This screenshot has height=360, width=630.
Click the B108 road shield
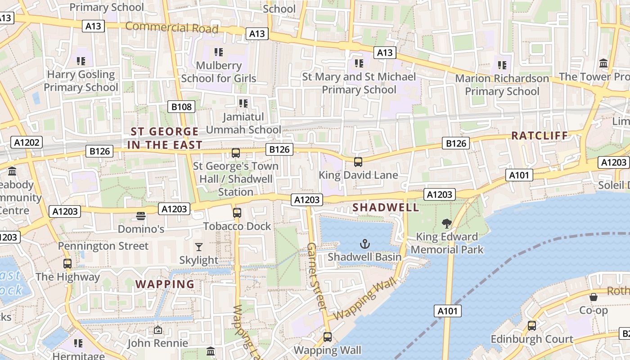(182, 107)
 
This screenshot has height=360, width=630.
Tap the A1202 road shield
(27, 143)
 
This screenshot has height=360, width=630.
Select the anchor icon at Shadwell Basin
(364, 244)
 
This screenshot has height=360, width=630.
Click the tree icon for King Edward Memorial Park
(446, 223)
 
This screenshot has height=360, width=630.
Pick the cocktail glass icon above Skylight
(198, 247)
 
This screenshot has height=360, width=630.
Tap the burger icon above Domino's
(141, 216)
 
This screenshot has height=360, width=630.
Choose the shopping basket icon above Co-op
(594, 297)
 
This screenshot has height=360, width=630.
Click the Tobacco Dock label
(237, 226)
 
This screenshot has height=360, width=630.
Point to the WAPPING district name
(165, 284)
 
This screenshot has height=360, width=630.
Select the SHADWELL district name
(386, 207)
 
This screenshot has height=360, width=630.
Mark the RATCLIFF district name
(540, 135)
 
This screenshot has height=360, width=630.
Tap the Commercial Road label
(171, 27)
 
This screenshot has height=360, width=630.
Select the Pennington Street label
(103, 246)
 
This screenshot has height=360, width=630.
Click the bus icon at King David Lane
(358, 162)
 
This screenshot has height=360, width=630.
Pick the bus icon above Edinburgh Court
(532, 325)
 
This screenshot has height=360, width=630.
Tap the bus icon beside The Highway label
(67, 264)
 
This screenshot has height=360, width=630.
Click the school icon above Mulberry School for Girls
(219, 52)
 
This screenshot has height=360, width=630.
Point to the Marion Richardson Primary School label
(502, 85)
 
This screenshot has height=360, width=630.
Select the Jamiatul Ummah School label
(243, 123)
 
